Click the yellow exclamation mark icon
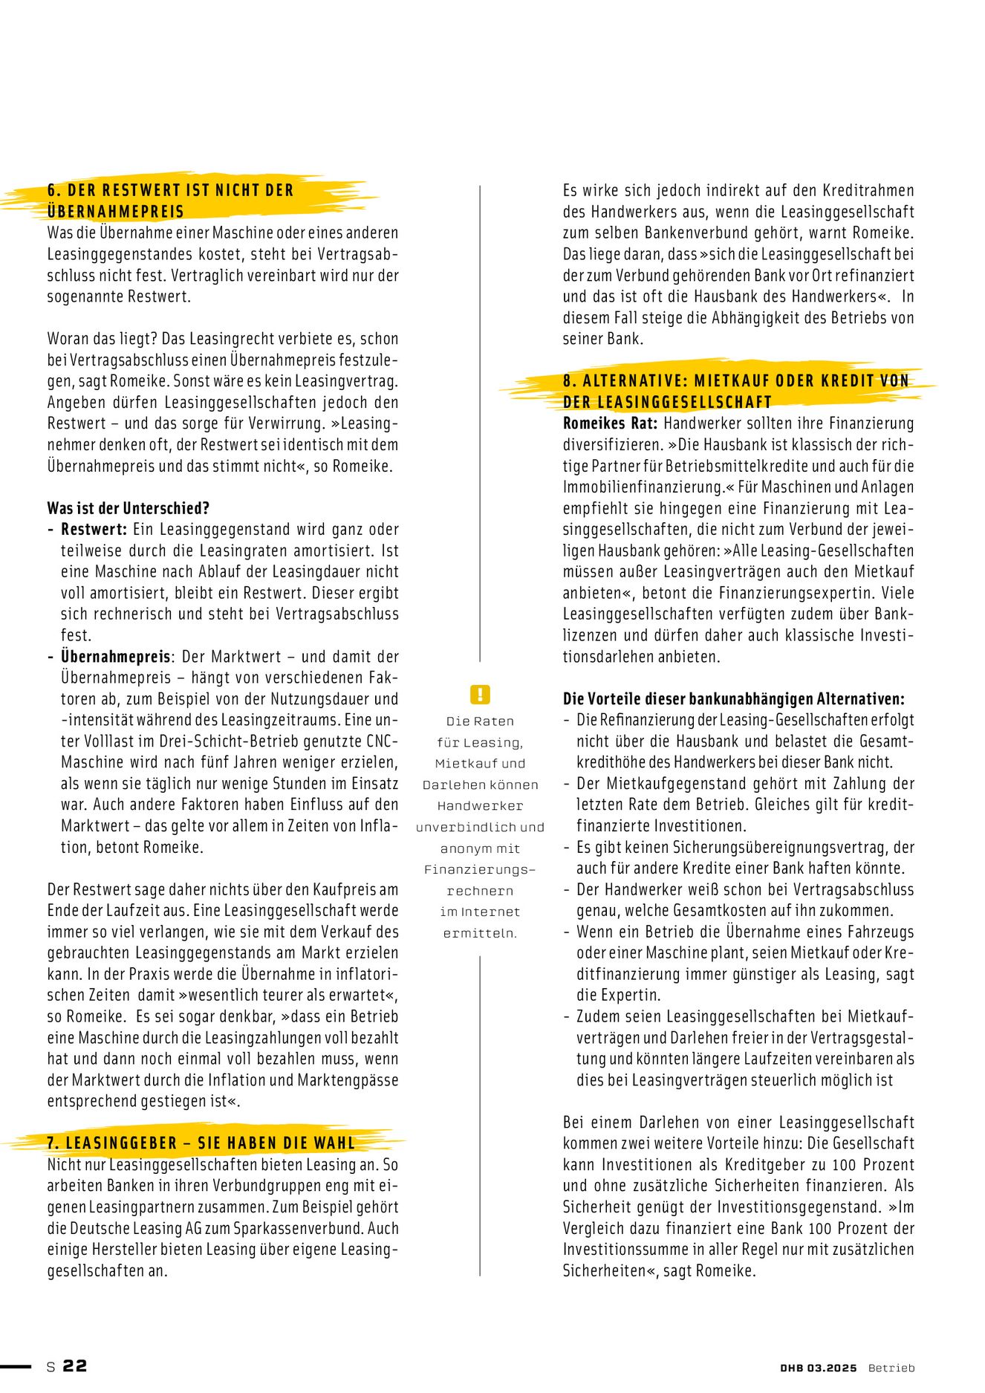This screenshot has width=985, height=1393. [x=480, y=695]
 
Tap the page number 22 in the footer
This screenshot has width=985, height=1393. [x=74, y=1366]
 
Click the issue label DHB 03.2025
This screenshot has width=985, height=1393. [x=818, y=1368]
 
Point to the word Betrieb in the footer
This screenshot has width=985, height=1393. [x=891, y=1368]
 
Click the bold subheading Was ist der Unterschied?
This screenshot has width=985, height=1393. [x=128, y=508]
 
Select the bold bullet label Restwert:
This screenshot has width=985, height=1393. [x=94, y=530]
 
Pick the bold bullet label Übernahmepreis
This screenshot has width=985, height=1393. [x=116, y=657]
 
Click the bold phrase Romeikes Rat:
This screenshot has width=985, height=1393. [x=610, y=423]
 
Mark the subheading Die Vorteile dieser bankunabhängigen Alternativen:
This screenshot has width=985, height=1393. [x=733, y=699]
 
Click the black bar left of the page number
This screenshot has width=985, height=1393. [x=16, y=1366]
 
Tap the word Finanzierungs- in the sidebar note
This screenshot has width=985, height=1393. [x=480, y=869]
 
